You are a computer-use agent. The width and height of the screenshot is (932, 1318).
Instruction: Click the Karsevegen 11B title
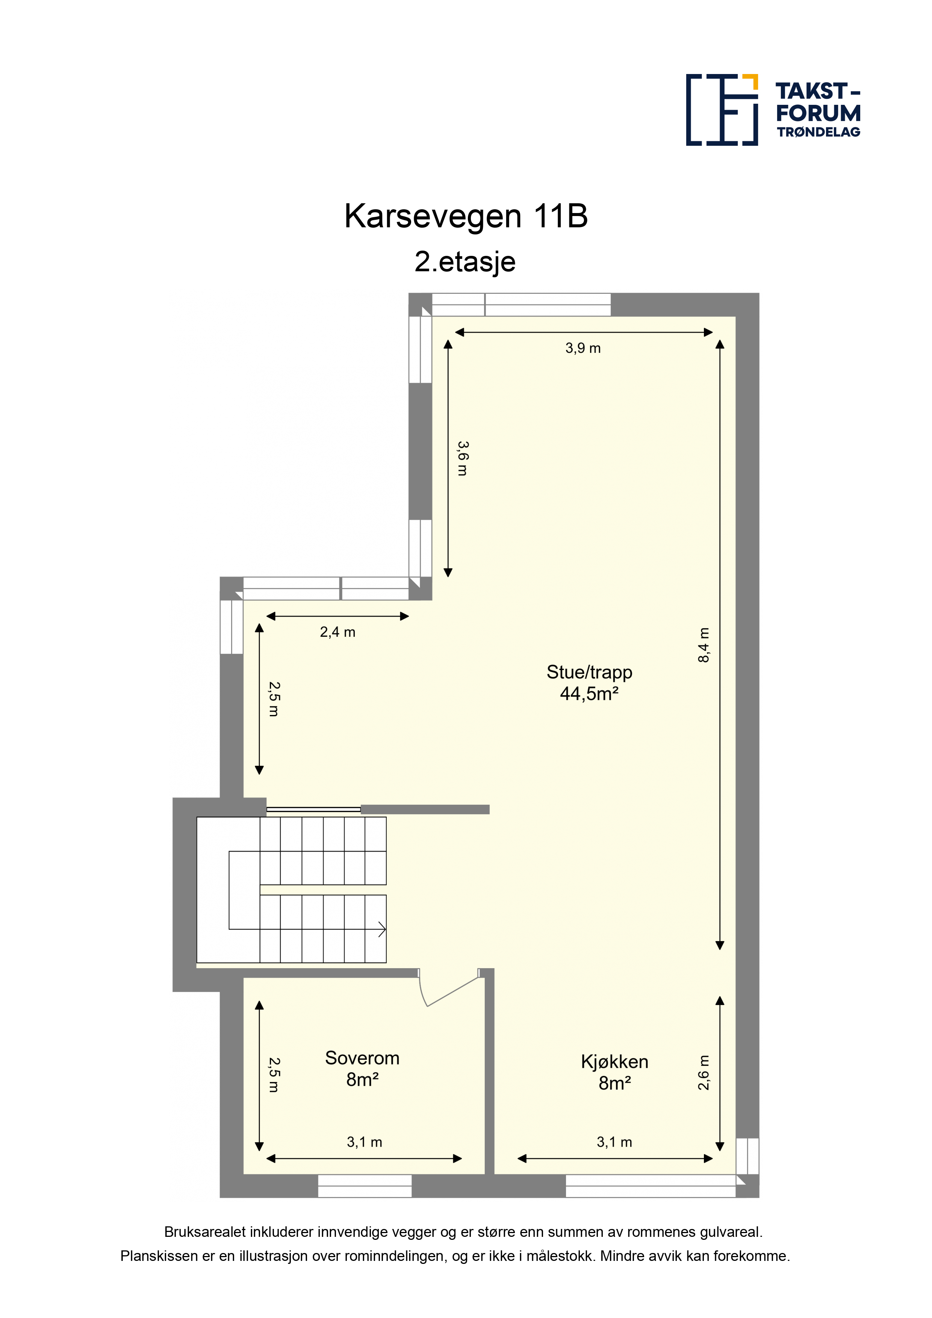(466, 216)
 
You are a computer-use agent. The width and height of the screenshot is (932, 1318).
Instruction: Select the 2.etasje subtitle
(465, 262)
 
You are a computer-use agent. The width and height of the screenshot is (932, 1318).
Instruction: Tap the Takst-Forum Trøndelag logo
(773, 110)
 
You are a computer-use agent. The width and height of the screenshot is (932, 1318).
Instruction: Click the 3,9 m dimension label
(583, 348)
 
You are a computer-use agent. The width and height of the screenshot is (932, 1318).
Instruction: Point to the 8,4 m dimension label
(704, 645)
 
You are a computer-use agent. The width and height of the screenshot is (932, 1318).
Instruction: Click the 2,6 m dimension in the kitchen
(704, 1072)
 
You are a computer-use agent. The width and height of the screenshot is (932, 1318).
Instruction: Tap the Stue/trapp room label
(589, 672)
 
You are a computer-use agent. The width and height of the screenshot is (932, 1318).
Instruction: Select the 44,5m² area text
(589, 694)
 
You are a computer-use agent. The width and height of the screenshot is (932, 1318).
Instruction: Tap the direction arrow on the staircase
(381, 930)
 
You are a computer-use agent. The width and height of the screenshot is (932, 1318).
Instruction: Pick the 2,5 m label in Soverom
(274, 1075)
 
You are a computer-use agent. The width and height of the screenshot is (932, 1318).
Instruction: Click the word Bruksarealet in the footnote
(205, 1232)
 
